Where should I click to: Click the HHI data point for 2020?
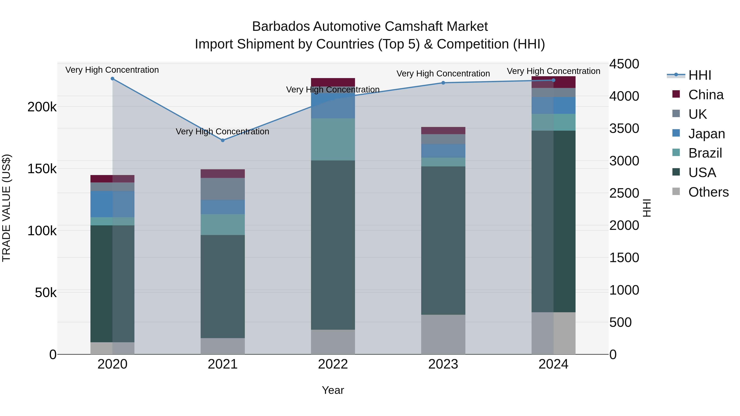pos(112,79)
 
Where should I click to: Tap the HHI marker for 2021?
pos(223,140)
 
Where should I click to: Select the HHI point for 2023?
pos(443,83)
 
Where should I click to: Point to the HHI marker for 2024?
pos(554,80)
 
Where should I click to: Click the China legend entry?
pos(705,95)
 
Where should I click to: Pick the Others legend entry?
pos(708,192)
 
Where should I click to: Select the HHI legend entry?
pos(700,75)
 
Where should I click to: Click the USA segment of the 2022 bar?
pos(333,245)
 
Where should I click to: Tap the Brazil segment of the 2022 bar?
pos(333,139)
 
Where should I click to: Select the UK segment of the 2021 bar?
pos(223,189)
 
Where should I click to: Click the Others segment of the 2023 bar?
pos(443,334)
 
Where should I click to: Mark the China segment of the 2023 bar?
pos(443,131)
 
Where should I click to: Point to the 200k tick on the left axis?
pos(42,107)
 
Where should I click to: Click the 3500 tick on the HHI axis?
pos(624,128)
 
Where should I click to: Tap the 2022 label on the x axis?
pos(333,364)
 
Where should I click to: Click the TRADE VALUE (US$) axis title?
pos(6,208)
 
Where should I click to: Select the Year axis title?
pos(333,390)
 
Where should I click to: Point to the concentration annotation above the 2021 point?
pos(223,131)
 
